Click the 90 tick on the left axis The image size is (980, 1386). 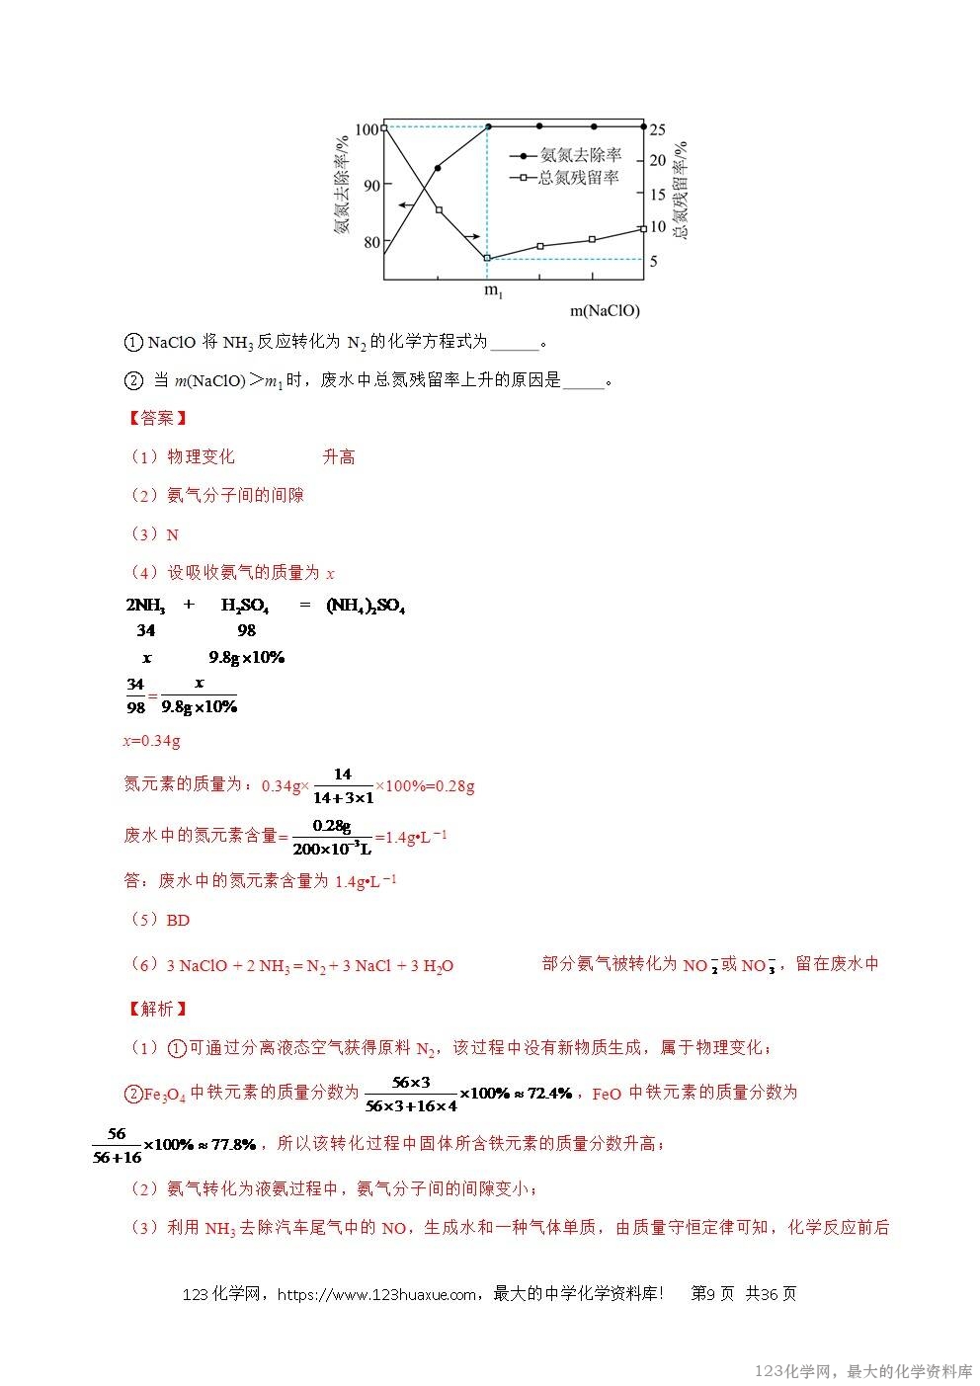coord(371,185)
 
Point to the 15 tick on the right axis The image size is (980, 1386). coord(657,195)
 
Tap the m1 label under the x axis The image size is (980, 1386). coord(493,290)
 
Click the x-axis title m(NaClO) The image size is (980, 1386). coord(605,311)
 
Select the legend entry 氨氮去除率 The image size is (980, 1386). coord(581,155)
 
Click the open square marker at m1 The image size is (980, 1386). coord(488,258)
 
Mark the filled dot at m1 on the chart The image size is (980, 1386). coord(488,126)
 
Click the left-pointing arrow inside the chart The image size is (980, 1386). coord(406,204)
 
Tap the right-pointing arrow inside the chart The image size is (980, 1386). coord(471,236)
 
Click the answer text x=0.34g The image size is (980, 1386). coord(151,741)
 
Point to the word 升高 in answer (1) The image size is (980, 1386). coord(338,456)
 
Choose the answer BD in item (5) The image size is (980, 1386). coord(178,920)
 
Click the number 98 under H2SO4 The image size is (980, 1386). coord(246,630)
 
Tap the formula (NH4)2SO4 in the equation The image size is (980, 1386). coord(366,606)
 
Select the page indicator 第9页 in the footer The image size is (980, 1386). coord(712,1294)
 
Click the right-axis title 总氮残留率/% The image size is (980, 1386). coord(680,190)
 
